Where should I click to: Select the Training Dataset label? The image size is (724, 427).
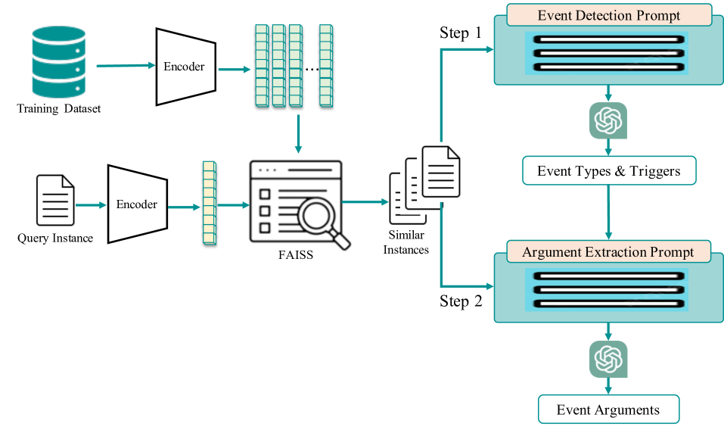click(58, 109)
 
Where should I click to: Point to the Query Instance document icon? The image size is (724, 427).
click(55, 201)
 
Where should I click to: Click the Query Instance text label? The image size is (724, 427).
click(55, 238)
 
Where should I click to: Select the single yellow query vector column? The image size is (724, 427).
click(209, 203)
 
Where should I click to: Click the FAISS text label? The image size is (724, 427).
click(295, 255)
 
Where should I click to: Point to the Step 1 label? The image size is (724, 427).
click(460, 33)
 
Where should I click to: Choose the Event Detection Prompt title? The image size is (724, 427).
click(608, 15)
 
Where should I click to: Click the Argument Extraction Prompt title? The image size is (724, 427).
click(608, 252)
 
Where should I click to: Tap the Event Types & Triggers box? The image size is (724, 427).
click(608, 171)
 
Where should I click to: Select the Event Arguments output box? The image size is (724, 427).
click(608, 410)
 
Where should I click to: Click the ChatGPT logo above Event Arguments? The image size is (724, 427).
click(608, 358)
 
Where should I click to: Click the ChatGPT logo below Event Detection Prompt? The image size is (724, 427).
click(608, 120)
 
